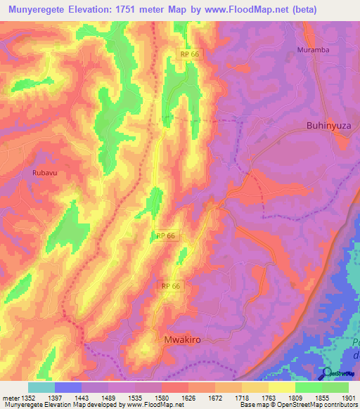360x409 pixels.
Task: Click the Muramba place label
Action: click(x=313, y=51)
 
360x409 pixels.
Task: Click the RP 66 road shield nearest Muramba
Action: click(x=188, y=53)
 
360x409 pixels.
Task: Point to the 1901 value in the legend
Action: click(x=347, y=398)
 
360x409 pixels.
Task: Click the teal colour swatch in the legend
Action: click(x=41, y=387)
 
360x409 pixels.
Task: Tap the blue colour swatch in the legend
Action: click(x=68, y=387)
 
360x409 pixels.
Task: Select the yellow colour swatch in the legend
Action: click(x=281, y=387)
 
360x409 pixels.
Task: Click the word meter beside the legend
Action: click(x=10, y=398)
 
